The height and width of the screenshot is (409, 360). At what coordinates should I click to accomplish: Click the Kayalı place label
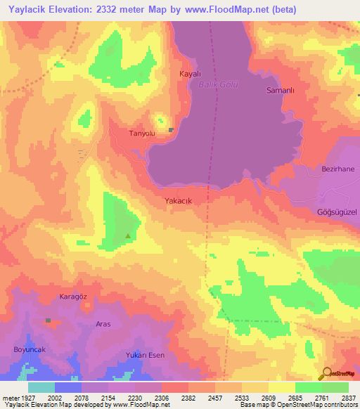point(191,74)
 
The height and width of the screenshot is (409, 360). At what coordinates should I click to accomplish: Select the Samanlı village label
point(279,91)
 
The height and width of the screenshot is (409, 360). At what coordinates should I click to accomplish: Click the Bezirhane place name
point(338,169)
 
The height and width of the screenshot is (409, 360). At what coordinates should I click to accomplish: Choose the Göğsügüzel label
point(337,212)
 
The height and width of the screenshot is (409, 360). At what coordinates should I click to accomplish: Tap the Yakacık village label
point(178,201)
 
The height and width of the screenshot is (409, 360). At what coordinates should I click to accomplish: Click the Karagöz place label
point(73,297)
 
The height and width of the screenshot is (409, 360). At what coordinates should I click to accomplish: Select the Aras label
point(103,324)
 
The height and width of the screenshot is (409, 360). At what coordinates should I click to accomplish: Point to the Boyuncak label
point(30,349)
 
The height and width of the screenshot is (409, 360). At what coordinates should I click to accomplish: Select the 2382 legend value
point(188,397)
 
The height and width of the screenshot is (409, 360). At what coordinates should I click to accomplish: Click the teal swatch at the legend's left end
point(41,387)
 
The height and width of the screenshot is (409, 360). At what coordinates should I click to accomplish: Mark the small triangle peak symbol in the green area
point(127,236)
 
